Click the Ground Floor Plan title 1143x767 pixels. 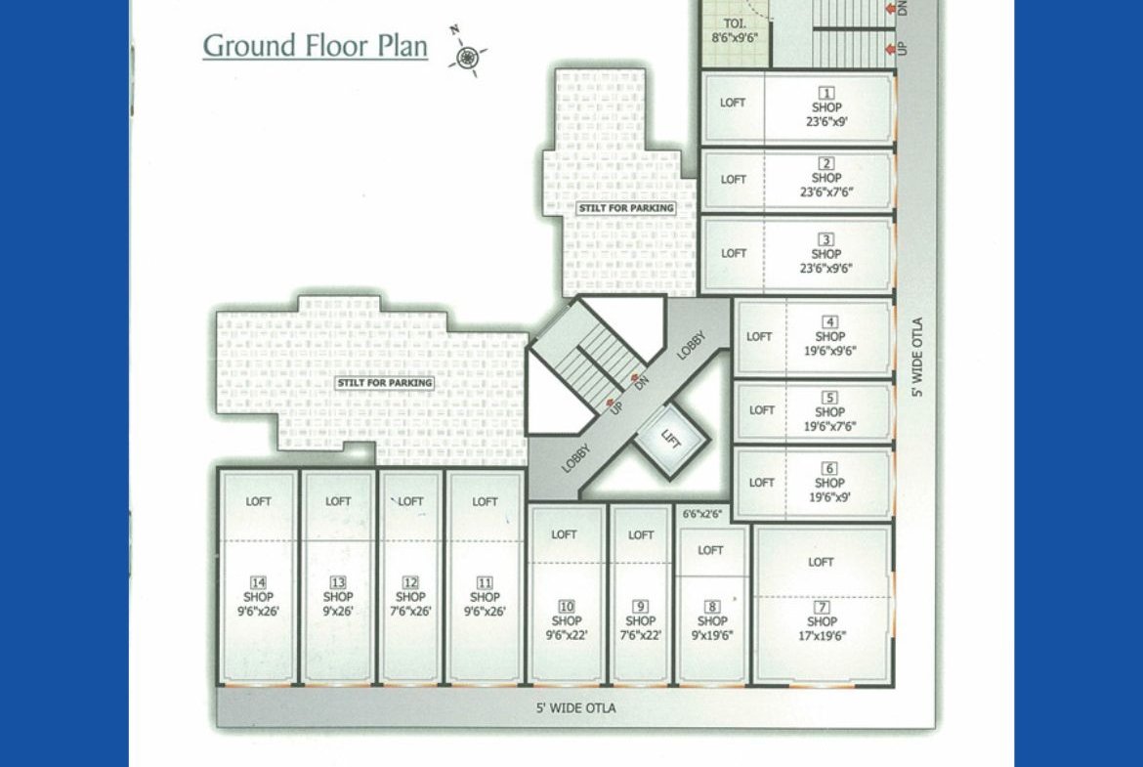click(x=315, y=45)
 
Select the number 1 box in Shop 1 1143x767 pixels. click(x=825, y=93)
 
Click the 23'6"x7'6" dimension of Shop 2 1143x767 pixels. click(x=825, y=192)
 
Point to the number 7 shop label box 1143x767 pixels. click(x=822, y=608)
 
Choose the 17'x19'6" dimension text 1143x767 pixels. click(x=822, y=636)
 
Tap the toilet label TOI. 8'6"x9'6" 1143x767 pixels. click(x=735, y=30)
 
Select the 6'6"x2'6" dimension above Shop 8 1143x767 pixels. click(x=702, y=514)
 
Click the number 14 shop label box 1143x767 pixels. click(x=258, y=582)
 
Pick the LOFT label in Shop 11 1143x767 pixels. click(x=485, y=501)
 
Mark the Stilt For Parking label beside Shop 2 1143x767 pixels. click(x=626, y=208)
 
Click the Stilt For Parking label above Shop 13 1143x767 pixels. click(x=384, y=383)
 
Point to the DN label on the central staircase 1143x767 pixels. click(x=641, y=382)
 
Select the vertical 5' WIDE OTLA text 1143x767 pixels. click(x=917, y=357)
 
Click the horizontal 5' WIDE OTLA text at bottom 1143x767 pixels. click(x=575, y=708)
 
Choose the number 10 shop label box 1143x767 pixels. click(x=567, y=607)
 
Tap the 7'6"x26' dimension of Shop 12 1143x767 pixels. click(x=410, y=611)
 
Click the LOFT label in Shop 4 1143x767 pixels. click(x=759, y=337)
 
